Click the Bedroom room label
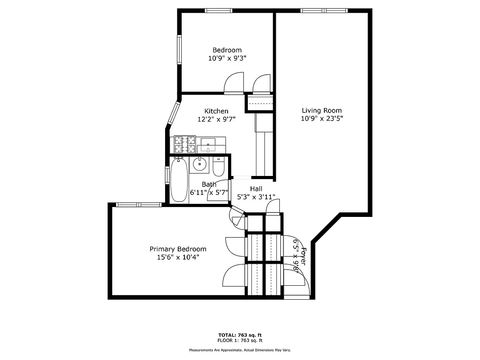(x=227, y=50)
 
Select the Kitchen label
(x=216, y=111)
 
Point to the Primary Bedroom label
(x=178, y=249)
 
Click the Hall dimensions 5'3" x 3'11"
(x=256, y=197)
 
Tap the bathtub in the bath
(x=179, y=180)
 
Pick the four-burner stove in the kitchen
(x=185, y=144)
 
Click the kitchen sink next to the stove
(x=207, y=145)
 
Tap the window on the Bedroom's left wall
(x=179, y=49)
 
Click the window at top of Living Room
(x=324, y=10)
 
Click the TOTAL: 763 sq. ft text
(x=240, y=335)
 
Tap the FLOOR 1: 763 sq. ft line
(x=240, y=341)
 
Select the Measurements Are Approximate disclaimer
(x=240, y=350)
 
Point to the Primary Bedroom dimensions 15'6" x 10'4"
(x=178, y=257)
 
